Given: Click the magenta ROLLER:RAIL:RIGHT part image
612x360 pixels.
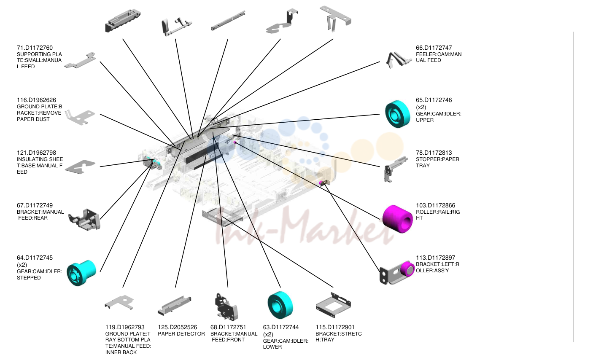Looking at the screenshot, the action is coord(398,219).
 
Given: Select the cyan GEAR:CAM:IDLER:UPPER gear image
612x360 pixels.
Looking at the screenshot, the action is coord(398,114).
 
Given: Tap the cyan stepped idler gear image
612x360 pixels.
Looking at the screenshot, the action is coord(81,273).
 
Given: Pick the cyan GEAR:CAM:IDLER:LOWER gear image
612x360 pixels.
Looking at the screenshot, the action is coord(280,305).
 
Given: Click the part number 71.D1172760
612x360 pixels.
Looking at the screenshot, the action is coord(35,48).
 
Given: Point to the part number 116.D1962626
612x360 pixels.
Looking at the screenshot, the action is coord(36,100).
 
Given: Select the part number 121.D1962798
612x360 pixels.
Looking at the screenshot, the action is coord(36,153).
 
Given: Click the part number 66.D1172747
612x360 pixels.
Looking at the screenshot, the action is coord(434,48).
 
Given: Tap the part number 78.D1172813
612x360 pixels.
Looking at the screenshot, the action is coord(434,153).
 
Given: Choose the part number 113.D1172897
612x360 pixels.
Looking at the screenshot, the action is coord(436,258).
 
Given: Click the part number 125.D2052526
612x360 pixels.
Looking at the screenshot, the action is coord(177,327).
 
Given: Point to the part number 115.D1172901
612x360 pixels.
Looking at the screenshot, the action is coord(335,327).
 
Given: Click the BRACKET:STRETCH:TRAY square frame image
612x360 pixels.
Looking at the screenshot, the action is coord(333,305).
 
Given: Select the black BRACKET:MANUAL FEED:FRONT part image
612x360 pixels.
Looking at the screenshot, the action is coord(226,307).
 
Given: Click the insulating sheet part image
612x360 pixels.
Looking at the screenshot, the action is coord(80,167).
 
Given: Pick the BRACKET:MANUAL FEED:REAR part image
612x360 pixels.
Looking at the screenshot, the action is coord(84,220).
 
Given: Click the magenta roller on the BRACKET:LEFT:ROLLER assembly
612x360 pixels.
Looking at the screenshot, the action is coord(407,269).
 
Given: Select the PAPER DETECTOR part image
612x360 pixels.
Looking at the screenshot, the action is coord(174,305).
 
